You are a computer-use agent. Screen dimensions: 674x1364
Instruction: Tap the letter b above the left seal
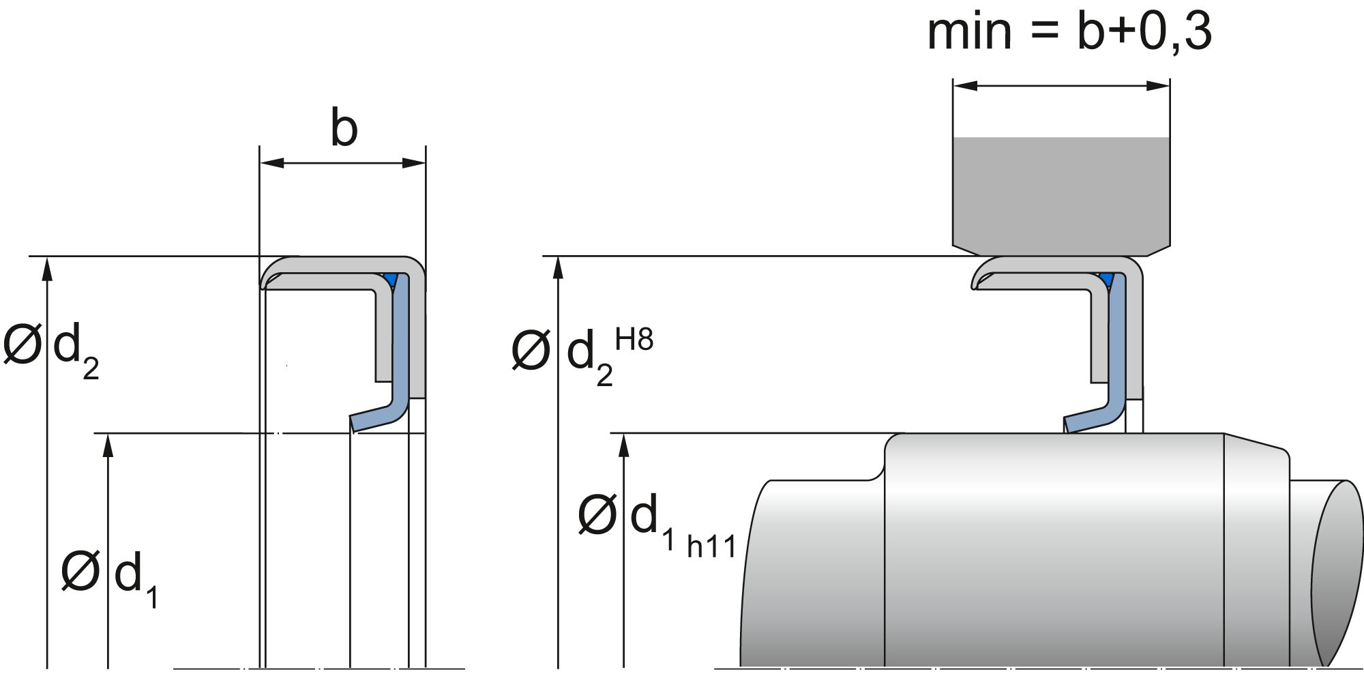(344, 128)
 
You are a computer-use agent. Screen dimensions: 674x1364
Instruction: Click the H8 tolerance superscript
(634, 339)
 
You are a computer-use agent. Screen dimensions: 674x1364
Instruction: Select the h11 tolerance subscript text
(711, 547)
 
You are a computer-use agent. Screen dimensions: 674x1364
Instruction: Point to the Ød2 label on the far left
(51, 348)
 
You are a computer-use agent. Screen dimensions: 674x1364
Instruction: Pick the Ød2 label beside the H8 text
(563, 355)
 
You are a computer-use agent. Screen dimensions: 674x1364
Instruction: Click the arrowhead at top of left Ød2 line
(47, 269)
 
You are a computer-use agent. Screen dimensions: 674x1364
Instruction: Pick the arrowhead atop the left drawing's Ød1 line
(108, 445)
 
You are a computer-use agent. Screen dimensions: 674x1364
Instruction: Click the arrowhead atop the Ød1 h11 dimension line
(623, 445)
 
